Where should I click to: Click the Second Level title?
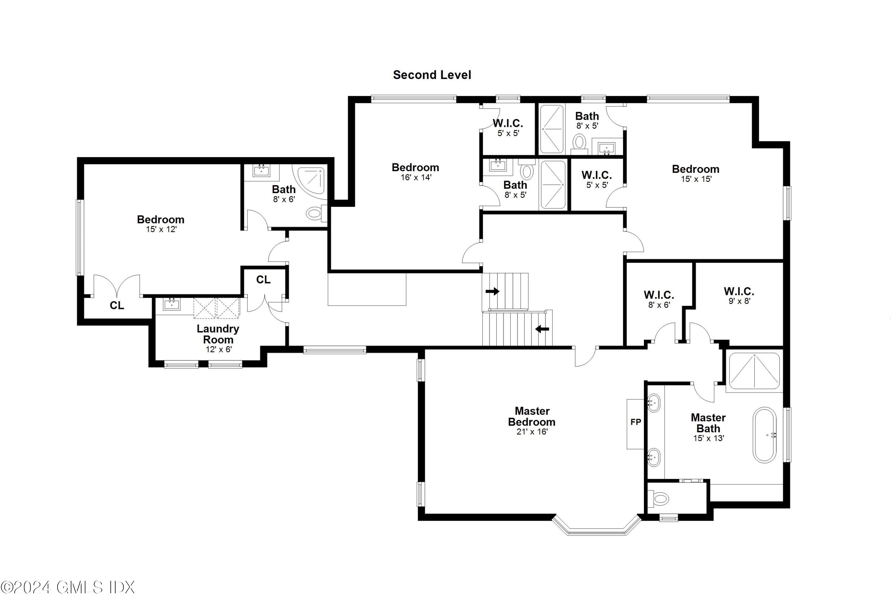click(x=432, y=75)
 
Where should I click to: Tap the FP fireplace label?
click(x=636, y=422)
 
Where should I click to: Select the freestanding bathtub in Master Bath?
click(x=765, y=435)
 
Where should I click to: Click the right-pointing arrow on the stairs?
click(x=492, y=291)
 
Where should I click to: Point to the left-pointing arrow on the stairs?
click(x=542, y=329)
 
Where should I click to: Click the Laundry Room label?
click(x=218, y=334)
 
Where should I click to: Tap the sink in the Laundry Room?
click(x=171, y=305)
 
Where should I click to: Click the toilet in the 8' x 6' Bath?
click(x=315, y=213)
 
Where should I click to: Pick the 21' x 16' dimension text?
click(x=532, y=432)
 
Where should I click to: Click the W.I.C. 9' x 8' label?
click(x=739, y=296)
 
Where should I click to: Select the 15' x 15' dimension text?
click(x=696, y=179)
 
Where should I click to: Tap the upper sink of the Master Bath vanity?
click(x=653, y=403)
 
